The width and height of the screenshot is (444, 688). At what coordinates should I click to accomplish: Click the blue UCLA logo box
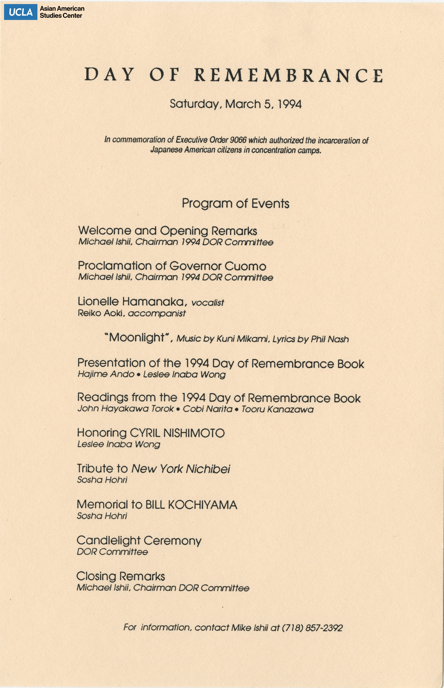(x=20, y=12)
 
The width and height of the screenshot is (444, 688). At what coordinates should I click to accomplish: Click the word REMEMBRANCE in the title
(x=288, y=75)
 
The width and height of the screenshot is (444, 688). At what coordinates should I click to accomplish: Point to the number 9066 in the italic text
(x=238, y=140)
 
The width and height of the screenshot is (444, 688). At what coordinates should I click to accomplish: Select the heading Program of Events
(x=235, y=204)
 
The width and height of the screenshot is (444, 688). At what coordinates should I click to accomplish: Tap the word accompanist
(x=157, y=314)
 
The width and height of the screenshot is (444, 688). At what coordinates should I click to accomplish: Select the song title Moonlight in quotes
(x=137, y=337)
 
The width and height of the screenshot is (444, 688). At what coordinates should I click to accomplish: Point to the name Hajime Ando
(x=106, y=374)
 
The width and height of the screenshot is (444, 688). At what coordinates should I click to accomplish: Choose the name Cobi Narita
(x=208, y=409)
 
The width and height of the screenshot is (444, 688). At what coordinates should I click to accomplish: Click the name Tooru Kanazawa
(x=277, y=409)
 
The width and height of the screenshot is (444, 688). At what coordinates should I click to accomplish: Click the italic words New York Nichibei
(x=181, y=469)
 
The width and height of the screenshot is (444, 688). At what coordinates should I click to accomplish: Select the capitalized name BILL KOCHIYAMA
(x=191, y=505)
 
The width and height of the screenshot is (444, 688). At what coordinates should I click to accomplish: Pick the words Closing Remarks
(x=120, y=576)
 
